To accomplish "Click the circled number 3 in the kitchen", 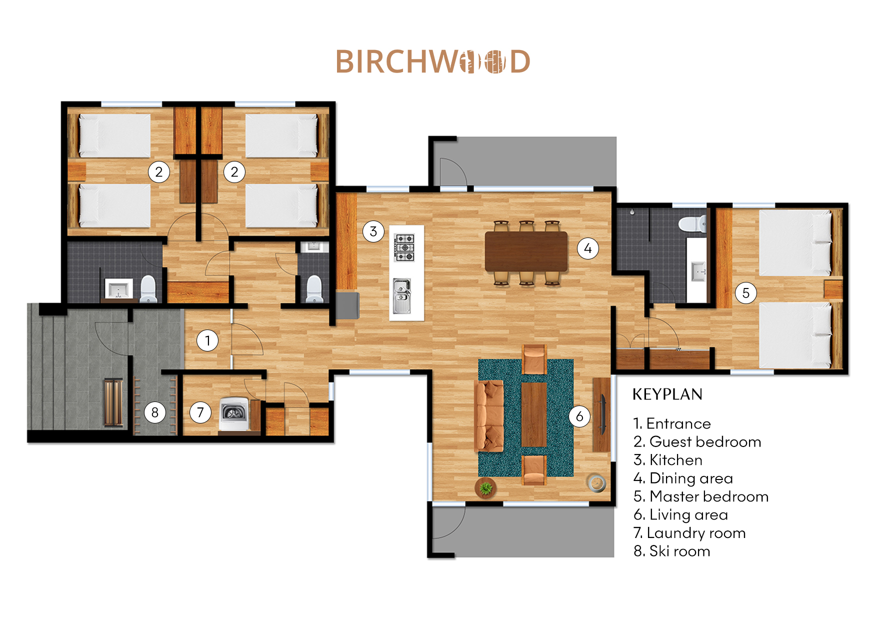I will click(x=373, y=231).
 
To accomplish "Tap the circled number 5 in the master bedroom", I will click(x=745, y=293).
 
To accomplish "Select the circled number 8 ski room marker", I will click(x=155, y=412).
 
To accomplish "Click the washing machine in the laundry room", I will click(x=234, y=413).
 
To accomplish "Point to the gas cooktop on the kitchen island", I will click(x=404, y=247).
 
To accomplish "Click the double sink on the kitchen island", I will click(x=401, y=296).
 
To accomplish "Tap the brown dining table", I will click(x=526, y=251).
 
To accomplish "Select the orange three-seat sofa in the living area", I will click(x=489, y=415).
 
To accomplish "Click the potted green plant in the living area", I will click(x=485, y=487).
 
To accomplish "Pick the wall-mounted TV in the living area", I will click(x=603, y=414).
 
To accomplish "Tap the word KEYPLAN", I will click(x=667, y=394).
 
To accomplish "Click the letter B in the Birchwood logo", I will click(x=344, y=62).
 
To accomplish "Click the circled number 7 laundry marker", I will click(x=200, y=412).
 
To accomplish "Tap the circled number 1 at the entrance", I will click(x=207, y=341).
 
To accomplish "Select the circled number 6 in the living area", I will click(x=579, y=416).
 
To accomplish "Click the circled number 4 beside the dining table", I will click(x=588, y=248).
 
